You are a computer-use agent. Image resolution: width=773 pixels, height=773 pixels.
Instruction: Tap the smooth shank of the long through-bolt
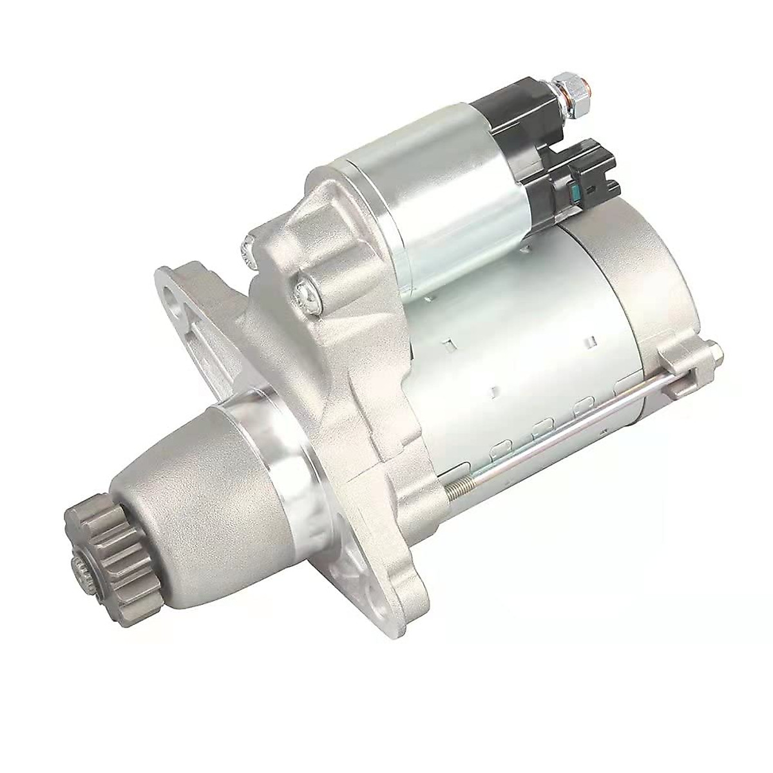(x=580, y=425)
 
